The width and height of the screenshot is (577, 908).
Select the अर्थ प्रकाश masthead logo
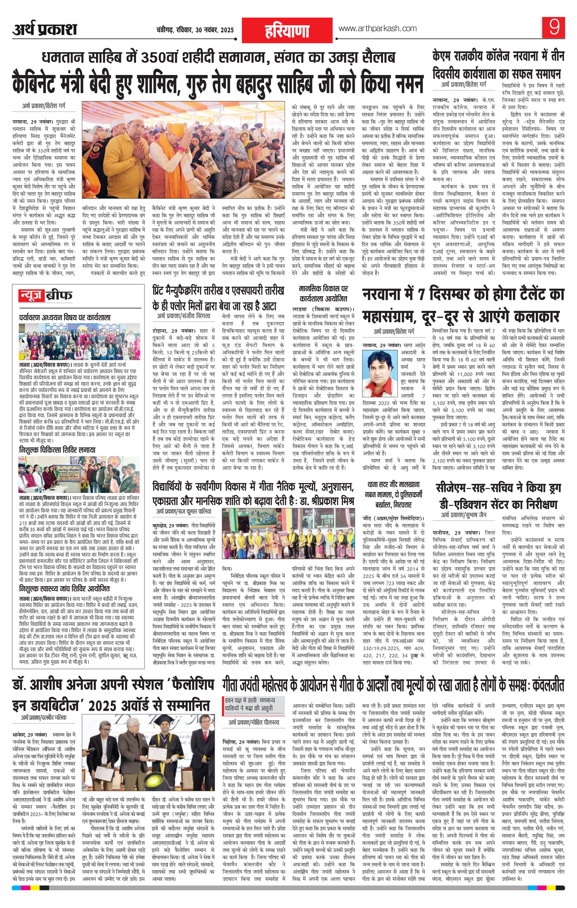[44, 29]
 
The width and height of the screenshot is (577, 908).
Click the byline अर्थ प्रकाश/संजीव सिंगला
[184, 316]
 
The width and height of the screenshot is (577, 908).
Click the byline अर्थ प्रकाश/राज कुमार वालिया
[184, 512]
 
